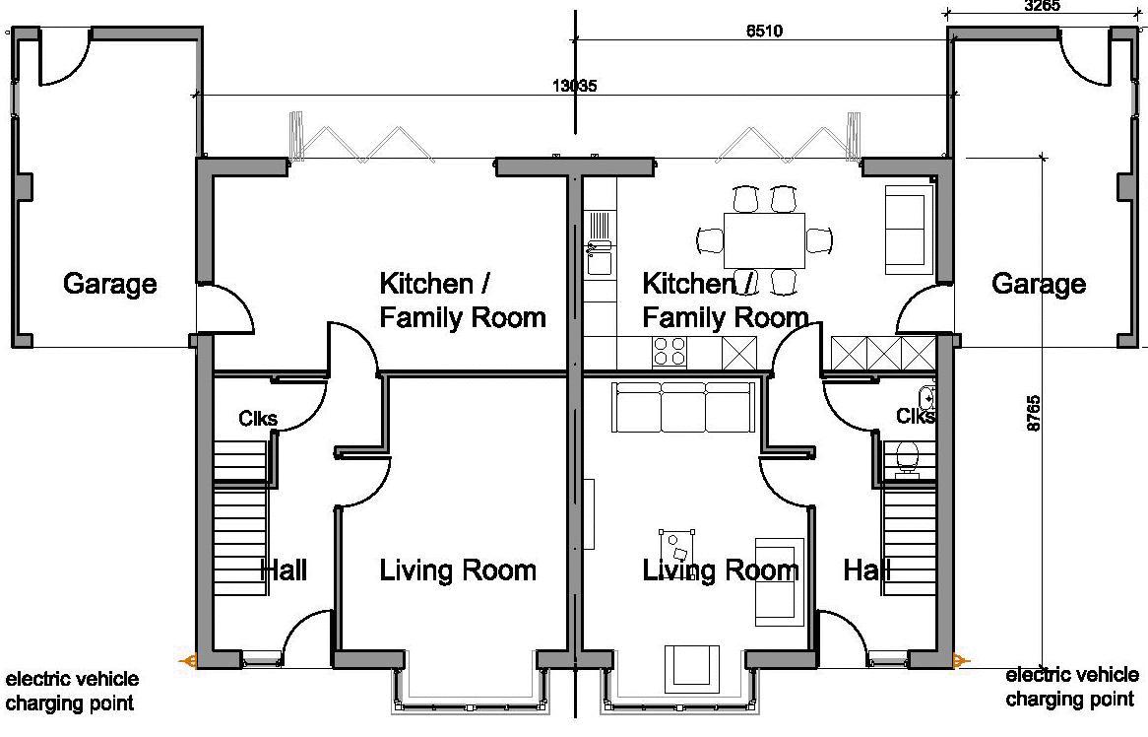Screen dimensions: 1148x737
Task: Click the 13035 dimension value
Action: [574, 86]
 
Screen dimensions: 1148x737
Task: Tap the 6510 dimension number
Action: [764, 31]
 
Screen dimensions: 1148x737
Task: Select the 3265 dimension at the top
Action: [1042, 6]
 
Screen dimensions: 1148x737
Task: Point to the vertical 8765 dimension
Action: [1033, 413]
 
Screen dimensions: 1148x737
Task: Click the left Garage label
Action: [110, 284]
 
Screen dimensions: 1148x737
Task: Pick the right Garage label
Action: [1038, 284]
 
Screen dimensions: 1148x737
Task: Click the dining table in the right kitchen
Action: [764, 240]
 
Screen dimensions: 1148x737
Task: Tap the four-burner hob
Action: [670, 352]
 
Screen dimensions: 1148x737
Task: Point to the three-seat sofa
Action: [684, 407]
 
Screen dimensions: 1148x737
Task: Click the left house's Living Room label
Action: [458, 569]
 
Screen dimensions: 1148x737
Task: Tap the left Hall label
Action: [284, 569]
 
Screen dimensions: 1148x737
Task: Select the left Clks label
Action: [258, 419]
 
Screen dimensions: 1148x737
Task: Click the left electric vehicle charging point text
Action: [72, 691]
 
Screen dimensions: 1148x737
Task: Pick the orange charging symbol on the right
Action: [962, 661]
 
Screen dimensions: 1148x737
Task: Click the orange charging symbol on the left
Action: [188, 661]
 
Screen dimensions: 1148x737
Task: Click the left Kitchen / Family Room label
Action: [463, 301]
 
